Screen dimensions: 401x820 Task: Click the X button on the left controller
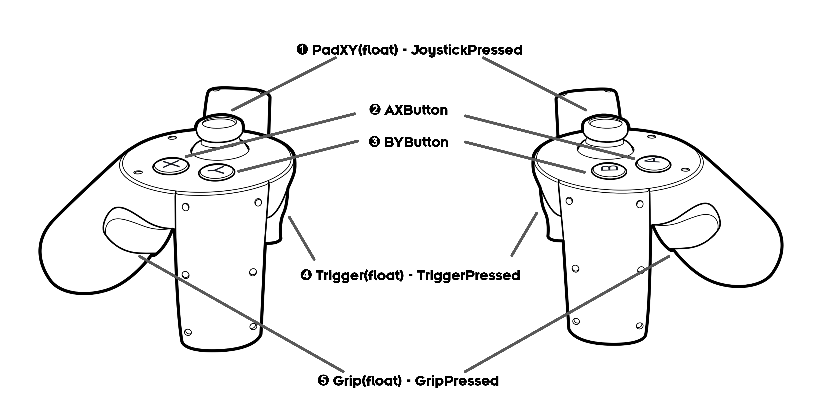171,165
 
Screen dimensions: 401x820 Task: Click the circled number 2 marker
375,110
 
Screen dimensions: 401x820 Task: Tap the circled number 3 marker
374,142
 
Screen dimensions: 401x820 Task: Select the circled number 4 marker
306,275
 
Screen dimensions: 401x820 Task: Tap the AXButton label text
416,110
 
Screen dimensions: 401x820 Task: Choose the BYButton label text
416,142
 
